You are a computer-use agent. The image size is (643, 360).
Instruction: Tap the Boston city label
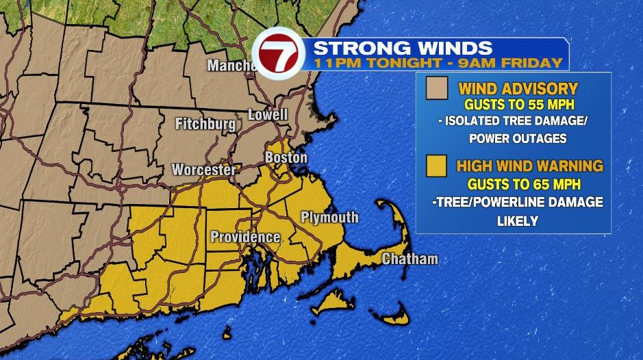click(x=286, y=157)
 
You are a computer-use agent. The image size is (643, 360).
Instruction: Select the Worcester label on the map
click(x=203, y=170)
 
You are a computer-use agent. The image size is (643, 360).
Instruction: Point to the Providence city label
click(x=244, y=237)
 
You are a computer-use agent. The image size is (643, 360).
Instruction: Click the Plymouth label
click(x=329, y=218)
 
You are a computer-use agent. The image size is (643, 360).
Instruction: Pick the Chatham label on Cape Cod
click(x=409, y=259)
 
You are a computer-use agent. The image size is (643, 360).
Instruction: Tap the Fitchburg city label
click(x=205, y=125)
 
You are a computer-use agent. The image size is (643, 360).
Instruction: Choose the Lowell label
click(x=268, y=114)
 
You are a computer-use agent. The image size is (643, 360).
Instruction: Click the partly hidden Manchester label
click(x=231, y=66)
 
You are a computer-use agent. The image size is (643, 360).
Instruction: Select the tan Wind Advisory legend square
click(x=436, y=88)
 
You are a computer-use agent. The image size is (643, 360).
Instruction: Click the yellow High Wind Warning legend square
click(x=436, y=166)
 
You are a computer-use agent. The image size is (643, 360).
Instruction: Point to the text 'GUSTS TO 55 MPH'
click(x=518, y=105)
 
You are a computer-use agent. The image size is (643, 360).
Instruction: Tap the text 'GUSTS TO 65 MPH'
click(x=518, y=184)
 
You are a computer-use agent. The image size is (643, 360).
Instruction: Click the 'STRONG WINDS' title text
click(x=403, y=48)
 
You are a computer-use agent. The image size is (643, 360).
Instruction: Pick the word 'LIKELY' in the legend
click(x=518, y=221)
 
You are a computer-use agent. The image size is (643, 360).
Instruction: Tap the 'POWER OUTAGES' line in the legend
click(x=518, y=139)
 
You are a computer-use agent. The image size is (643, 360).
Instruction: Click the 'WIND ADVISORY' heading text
click(x=518, y=88)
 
